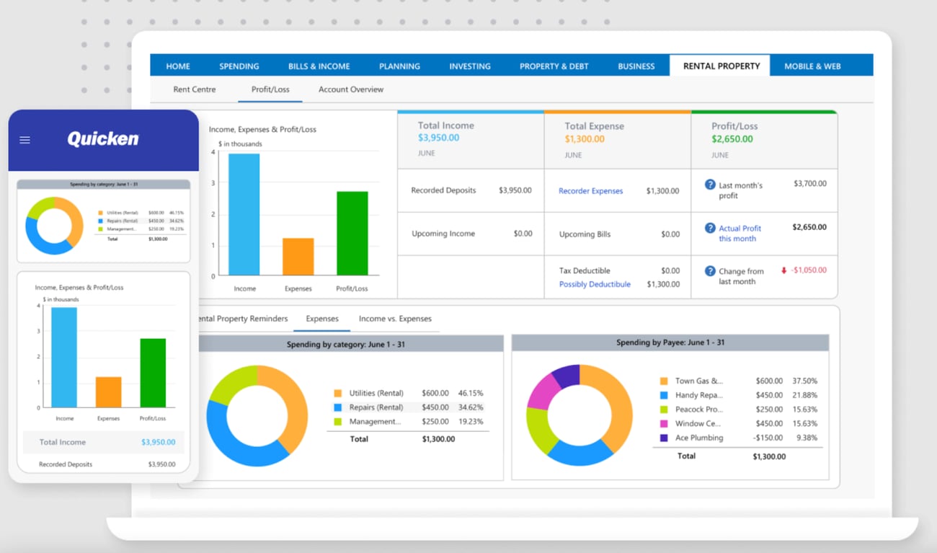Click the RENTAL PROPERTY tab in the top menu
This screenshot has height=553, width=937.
pos(721,66)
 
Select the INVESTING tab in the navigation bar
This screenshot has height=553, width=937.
pos(469,66)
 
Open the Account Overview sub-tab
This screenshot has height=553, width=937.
pos(350,89)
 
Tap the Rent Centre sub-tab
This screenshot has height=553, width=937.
pos(194,89)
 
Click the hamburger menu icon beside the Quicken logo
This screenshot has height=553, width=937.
pos(25,140)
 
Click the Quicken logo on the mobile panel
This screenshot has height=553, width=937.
pos(103,139)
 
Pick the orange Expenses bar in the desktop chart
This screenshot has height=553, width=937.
pos(298,257)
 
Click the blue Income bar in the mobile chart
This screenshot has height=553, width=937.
pos(64,358)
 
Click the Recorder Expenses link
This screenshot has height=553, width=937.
pos(590,191)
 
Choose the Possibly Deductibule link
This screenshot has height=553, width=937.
pos(595,284)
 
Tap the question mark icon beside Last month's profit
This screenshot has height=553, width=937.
pos(710,185)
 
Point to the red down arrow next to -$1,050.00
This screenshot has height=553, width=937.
pos(783,270)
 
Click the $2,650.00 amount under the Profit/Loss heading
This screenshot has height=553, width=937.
pos(732,139)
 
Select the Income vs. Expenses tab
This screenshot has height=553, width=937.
pos(395,319)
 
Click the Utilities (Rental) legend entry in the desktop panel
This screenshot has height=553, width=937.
pos(376,393)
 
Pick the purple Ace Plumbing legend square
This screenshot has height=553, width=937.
pos(663,438)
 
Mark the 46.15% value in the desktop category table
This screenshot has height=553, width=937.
pos(470,393)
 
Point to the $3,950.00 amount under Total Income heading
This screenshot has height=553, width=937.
pos(438,138)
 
